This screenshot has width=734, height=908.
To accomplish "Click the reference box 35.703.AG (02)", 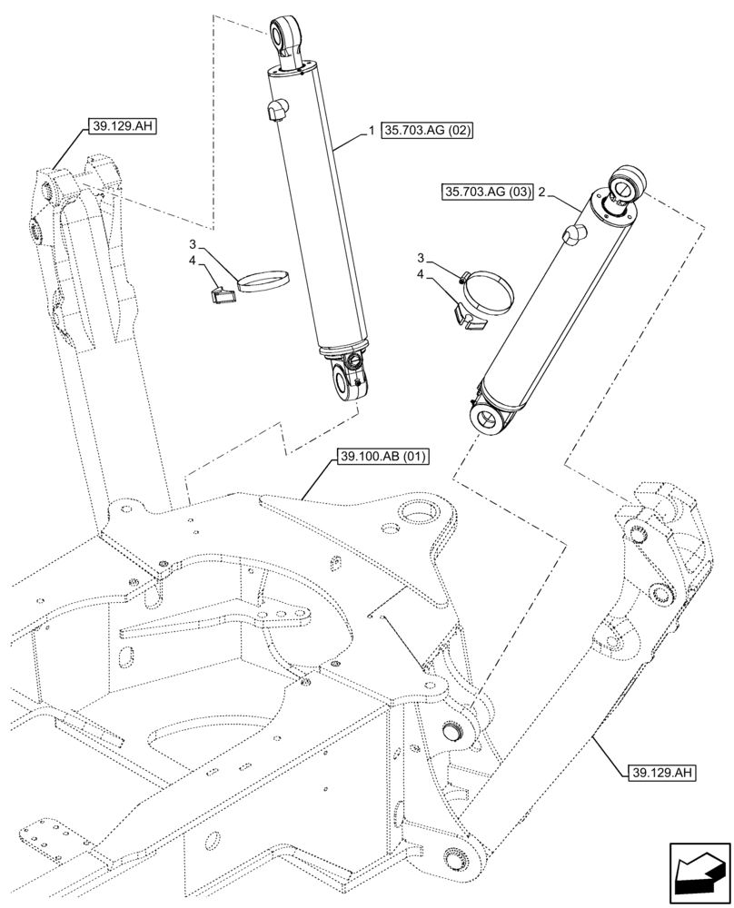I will pos(429,131).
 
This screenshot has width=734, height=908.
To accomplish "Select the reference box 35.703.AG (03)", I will pos(487,192).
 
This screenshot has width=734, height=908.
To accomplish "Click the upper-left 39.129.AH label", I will pos(123,126).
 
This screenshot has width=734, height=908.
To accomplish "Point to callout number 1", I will pos(372,132).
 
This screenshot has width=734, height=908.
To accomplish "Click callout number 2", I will pos(541,192).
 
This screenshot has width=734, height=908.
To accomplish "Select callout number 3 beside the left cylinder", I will pos(193,244).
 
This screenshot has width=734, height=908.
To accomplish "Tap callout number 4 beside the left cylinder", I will pos(193,261).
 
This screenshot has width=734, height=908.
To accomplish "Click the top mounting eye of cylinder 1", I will pos(283,35).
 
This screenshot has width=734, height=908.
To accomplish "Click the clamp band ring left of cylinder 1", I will pos(265,281).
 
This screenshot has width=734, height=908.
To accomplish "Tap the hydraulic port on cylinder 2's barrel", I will pos(573,233).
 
